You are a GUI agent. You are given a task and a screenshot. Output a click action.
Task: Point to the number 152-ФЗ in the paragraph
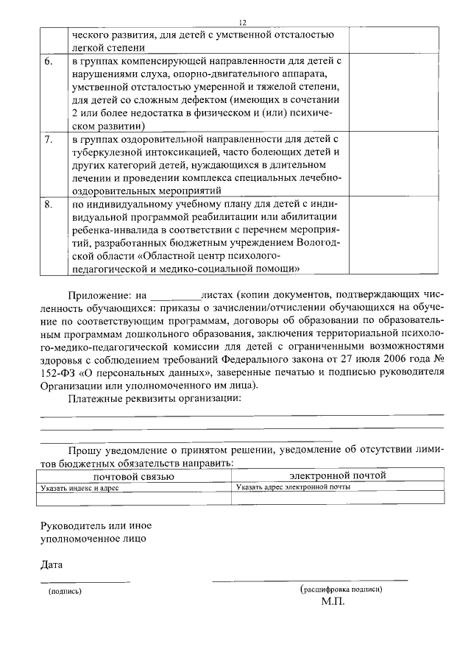[x=58, y=372]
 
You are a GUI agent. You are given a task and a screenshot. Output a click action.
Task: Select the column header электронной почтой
[x=337, y=475]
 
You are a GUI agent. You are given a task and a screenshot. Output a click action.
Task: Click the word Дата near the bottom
[x=51, y=565]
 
